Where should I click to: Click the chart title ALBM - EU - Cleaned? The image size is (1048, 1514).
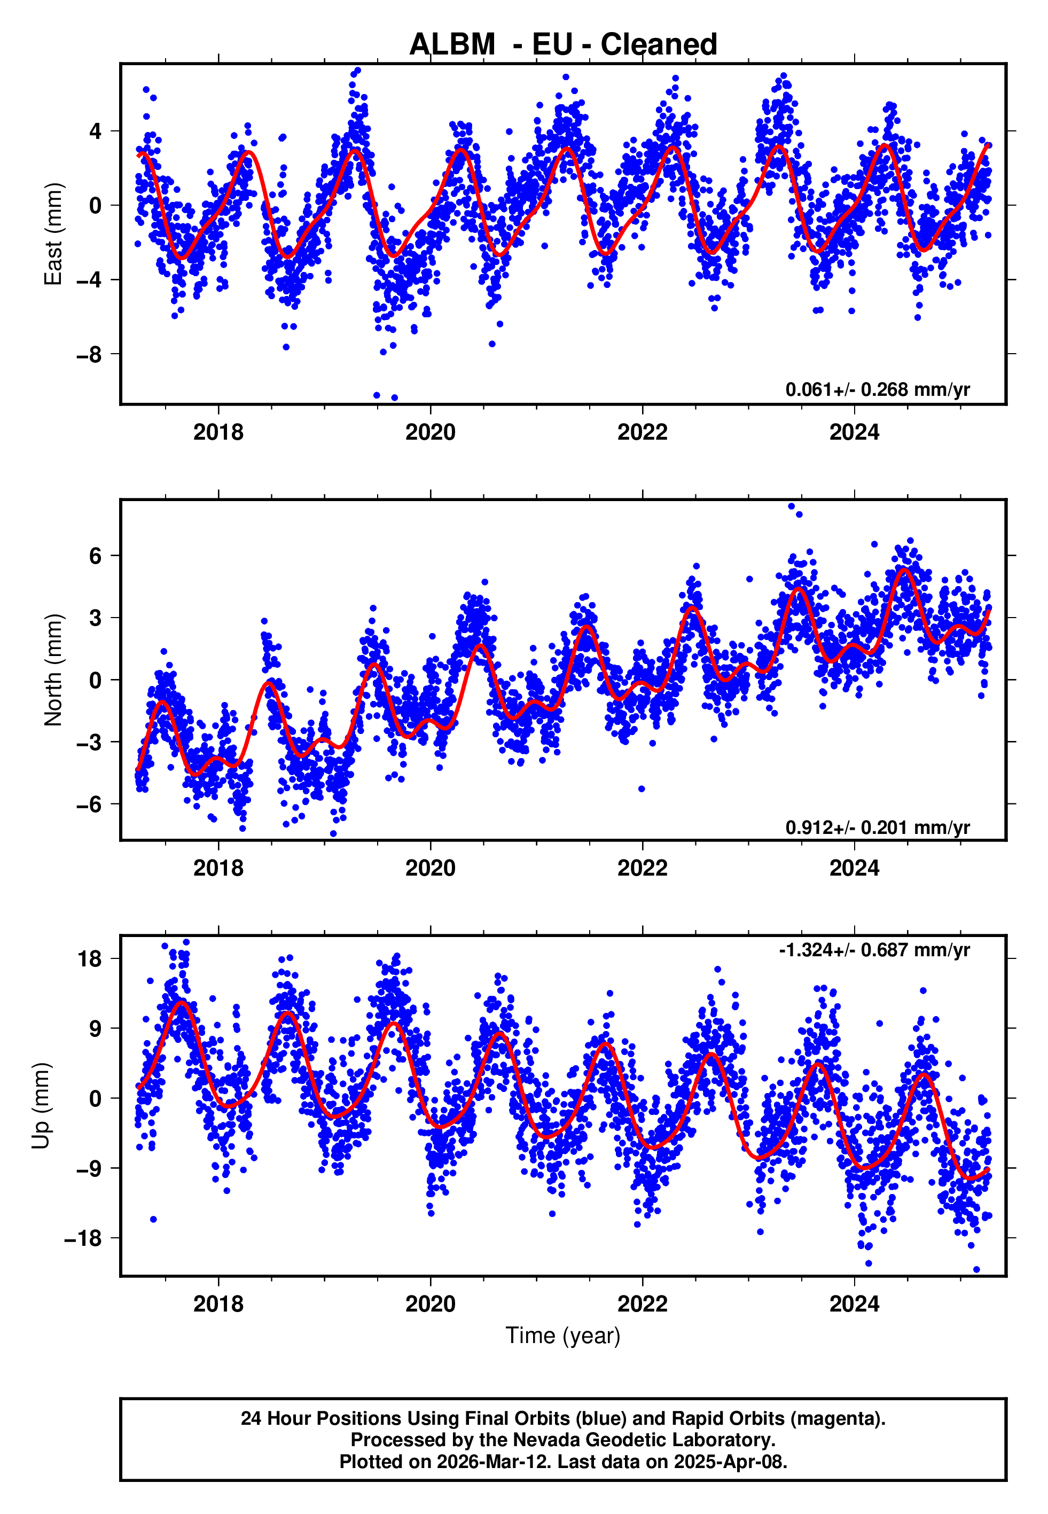coord(563,45)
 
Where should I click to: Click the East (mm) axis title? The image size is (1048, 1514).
coord(52,234)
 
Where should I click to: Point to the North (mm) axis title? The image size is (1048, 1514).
coord(52,670)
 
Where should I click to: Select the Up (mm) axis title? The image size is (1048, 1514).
coord(41,1106)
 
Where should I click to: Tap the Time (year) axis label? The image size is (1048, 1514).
coord(563,1336)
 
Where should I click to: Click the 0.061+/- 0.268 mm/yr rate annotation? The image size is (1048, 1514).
coord(877,389)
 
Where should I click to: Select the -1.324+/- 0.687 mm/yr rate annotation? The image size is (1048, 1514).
coord(874,950)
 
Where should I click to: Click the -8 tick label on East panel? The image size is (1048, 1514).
coord(89,355)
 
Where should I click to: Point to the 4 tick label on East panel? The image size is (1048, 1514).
coord(96,131)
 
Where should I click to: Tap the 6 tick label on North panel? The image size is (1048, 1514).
coord(96,556)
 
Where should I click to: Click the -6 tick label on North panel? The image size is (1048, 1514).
coord(89,804)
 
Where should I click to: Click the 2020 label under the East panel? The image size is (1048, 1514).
coord(430,433)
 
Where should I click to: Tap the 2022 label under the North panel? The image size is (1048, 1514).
coord(642,868)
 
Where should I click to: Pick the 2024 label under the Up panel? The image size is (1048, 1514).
coord(854,1304)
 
